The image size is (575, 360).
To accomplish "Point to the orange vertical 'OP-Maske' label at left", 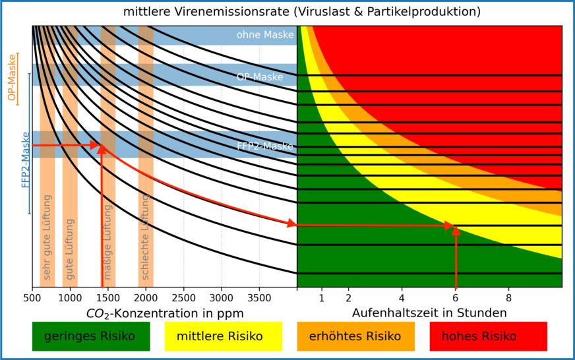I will [11, 78].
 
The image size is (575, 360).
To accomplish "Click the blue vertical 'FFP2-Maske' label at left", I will [26, 160].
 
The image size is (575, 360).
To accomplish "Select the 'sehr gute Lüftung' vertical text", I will [47, 237].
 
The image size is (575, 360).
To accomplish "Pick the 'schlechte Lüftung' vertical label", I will [146, 237].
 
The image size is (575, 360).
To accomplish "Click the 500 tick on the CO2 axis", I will [32, 298].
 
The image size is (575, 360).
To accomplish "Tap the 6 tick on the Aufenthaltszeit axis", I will [456, 298].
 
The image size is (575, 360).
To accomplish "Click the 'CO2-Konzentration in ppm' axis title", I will [165, 313].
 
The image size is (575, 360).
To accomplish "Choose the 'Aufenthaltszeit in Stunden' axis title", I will [429, 313].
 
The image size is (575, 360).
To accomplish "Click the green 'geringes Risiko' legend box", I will [91, 336].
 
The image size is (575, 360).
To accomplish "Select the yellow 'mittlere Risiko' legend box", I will [223, 336].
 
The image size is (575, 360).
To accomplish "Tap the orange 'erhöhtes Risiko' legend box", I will [356, 336].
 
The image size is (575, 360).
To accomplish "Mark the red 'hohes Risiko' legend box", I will [488, 336].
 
